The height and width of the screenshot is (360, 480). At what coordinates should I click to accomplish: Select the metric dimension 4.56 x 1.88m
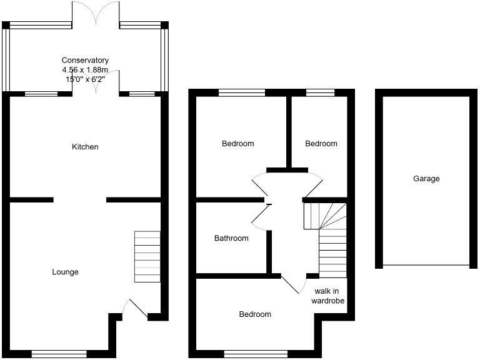85,70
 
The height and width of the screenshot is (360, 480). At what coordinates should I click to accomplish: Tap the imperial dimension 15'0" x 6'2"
85,79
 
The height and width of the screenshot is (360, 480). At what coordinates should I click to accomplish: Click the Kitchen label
85,147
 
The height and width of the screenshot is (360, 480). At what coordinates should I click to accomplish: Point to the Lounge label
65,272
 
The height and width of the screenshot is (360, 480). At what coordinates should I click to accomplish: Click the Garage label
426,179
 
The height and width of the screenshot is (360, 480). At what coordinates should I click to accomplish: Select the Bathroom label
231,238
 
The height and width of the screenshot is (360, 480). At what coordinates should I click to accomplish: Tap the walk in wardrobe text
329,296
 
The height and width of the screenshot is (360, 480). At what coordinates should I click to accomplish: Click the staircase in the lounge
147,256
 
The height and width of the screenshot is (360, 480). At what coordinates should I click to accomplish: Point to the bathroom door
260,214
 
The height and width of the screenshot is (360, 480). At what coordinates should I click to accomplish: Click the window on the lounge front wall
59,353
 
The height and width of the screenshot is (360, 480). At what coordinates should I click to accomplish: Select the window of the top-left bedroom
242,93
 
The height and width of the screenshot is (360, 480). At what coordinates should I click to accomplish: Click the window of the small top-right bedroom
320,93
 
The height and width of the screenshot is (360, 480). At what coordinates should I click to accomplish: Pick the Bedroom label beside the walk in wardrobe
255,314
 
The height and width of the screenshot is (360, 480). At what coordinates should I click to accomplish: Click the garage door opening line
426,265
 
